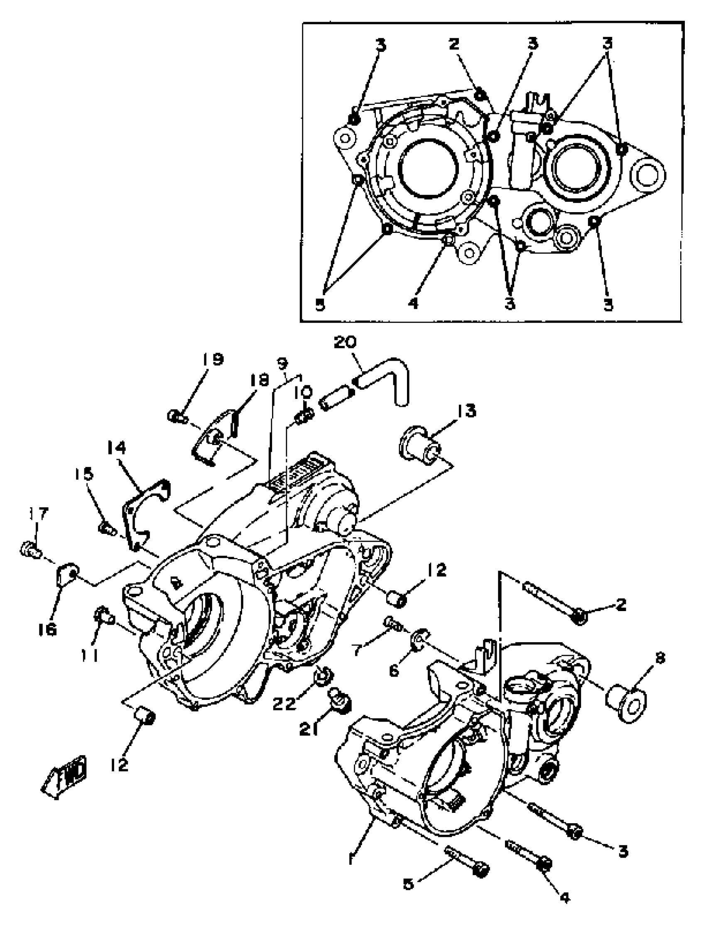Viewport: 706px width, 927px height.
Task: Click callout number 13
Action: [465, 411]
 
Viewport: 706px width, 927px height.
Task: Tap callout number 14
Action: [116, 449]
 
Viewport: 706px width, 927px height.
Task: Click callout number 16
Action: [47, 630]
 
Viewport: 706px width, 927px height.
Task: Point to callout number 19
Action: [213, 360]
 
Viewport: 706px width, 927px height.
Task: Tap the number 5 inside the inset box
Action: [320, 305]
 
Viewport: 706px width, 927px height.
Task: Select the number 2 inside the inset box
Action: [454, 44]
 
